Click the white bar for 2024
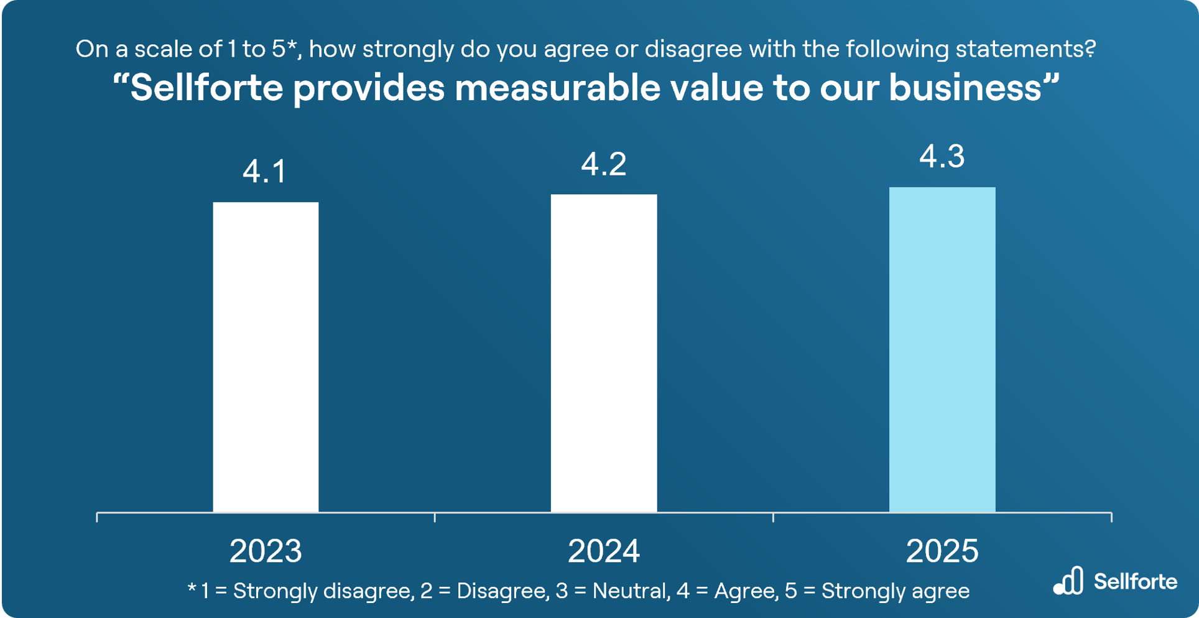[603, 353]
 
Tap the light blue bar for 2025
[942, 349]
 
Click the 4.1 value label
[265, 172]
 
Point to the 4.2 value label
[603, 164]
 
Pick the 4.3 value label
[942, 156]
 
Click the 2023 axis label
[266, 551]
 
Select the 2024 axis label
[603, 551]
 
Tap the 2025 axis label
[942, 551]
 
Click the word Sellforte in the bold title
[206, 88]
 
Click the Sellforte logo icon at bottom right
[1068, 581]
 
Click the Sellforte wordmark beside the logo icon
[1135, 582]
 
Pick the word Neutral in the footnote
[629, 591]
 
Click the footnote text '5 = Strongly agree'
[877, 591]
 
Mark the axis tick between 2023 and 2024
[435, 517]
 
